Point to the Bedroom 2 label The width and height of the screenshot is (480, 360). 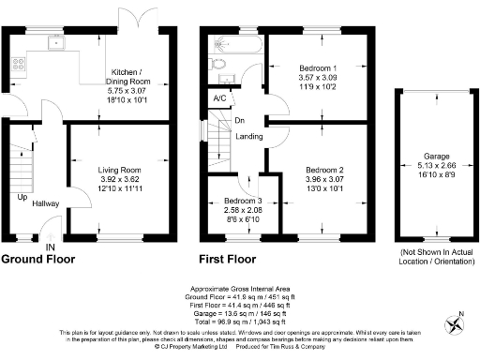[323, 170]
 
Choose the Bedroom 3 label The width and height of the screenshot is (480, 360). [242, 201]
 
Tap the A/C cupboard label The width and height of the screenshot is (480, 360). [219, 97]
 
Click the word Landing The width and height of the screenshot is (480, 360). [248, 138]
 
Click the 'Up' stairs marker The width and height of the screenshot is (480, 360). [21, 198]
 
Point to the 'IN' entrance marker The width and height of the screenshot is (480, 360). [50, 247]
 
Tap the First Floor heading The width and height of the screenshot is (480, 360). [228, 259]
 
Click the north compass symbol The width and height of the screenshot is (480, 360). [457, 325]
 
